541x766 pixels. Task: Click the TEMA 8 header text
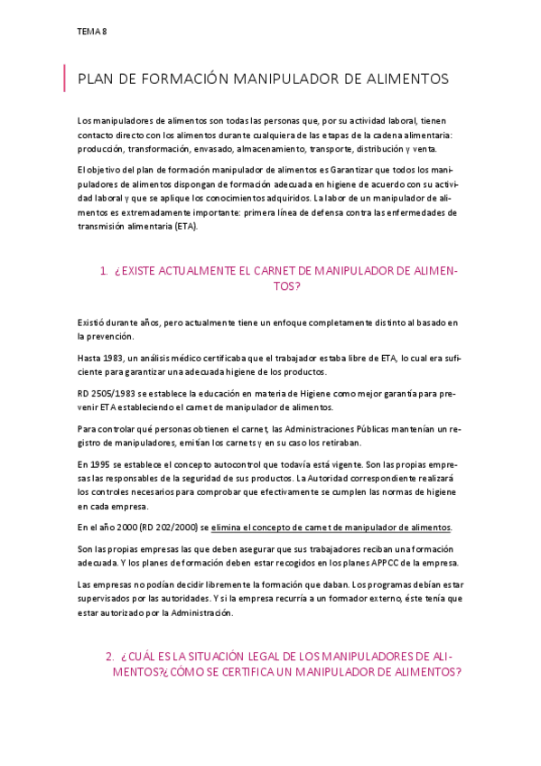pyautogui.click(x=93, y=32)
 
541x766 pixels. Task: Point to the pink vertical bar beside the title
pyautogui.click(x=65, y=79)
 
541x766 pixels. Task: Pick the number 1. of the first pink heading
pyautogui.click(x=104, y=271)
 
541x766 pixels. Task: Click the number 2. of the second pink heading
pyautogui.click(x=109, y=656)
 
